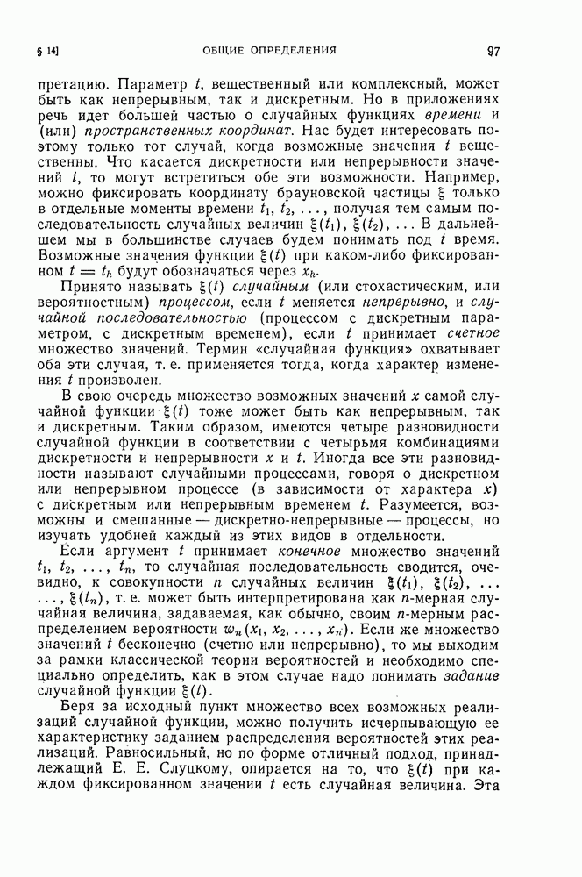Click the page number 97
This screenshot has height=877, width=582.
pyautogui.click(x=494, y=50)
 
